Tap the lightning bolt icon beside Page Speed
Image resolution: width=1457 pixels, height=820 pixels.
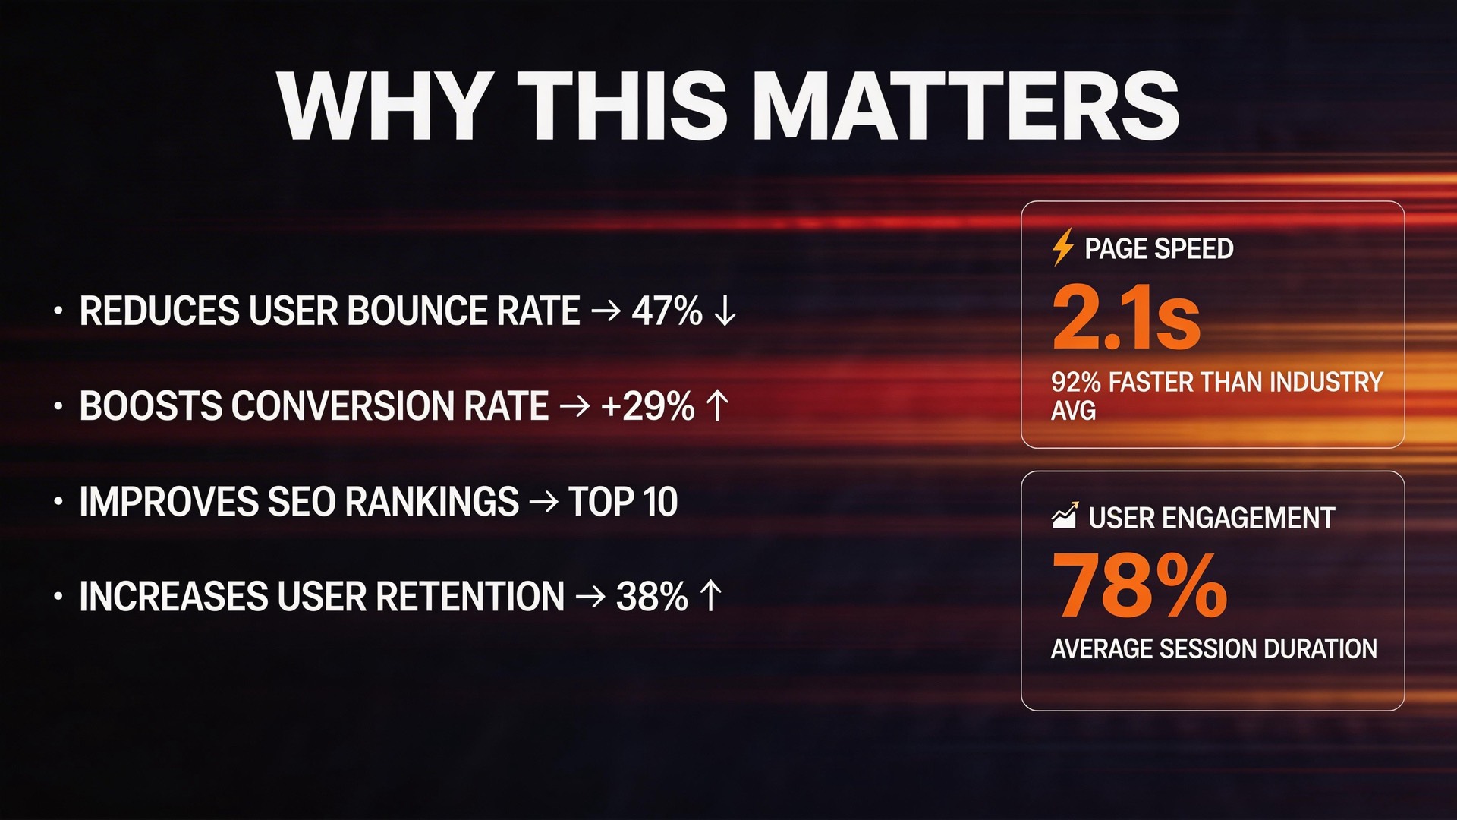click(1063, 247)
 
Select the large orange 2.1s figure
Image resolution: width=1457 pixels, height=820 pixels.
click(1126, 317)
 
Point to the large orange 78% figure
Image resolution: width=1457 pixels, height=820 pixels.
click(1139, 585)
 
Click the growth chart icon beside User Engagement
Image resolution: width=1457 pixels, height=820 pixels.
click(1065, 516)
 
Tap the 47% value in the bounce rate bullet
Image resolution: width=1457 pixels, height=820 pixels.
click(667, 311)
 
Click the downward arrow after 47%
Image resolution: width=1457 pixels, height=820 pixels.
click(725, 311)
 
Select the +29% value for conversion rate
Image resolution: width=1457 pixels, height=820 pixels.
click(647, 405)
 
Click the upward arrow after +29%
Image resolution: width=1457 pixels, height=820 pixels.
click(717, 405)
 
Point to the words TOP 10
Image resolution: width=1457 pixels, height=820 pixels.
click(623, 501)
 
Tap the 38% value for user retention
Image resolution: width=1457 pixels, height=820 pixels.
click(652, 596)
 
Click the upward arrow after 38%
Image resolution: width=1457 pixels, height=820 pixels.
click(710, 596)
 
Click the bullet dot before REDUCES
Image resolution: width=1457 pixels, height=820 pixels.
click(58, 311)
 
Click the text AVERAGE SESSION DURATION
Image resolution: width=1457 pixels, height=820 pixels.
click(1214, 648)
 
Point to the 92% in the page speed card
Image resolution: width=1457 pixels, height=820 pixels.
click(1076, 381)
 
